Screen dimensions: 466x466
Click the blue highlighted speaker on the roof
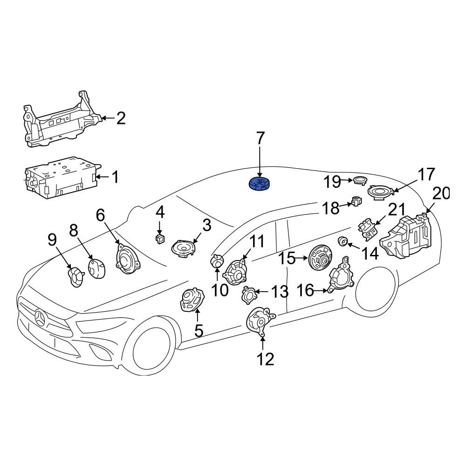(x=260, y=185)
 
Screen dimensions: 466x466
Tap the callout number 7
(x=260, y=138)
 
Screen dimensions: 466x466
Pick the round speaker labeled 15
(x=321, y=258)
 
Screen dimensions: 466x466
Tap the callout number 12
(x=266, y=359)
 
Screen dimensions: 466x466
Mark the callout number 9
(x=52, y=240)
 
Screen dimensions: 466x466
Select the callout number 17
(x=426, y=174)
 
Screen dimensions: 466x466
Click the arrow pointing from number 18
(x=346, y=205)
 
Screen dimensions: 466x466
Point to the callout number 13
(x=280, y=292)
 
